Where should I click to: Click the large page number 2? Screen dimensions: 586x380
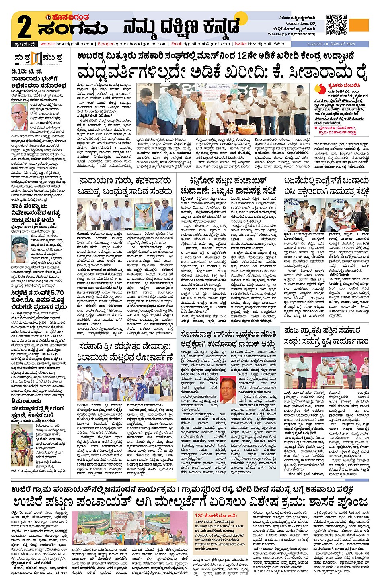[x=25, y=27]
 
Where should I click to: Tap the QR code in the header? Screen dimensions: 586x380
[x=336, y=25]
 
